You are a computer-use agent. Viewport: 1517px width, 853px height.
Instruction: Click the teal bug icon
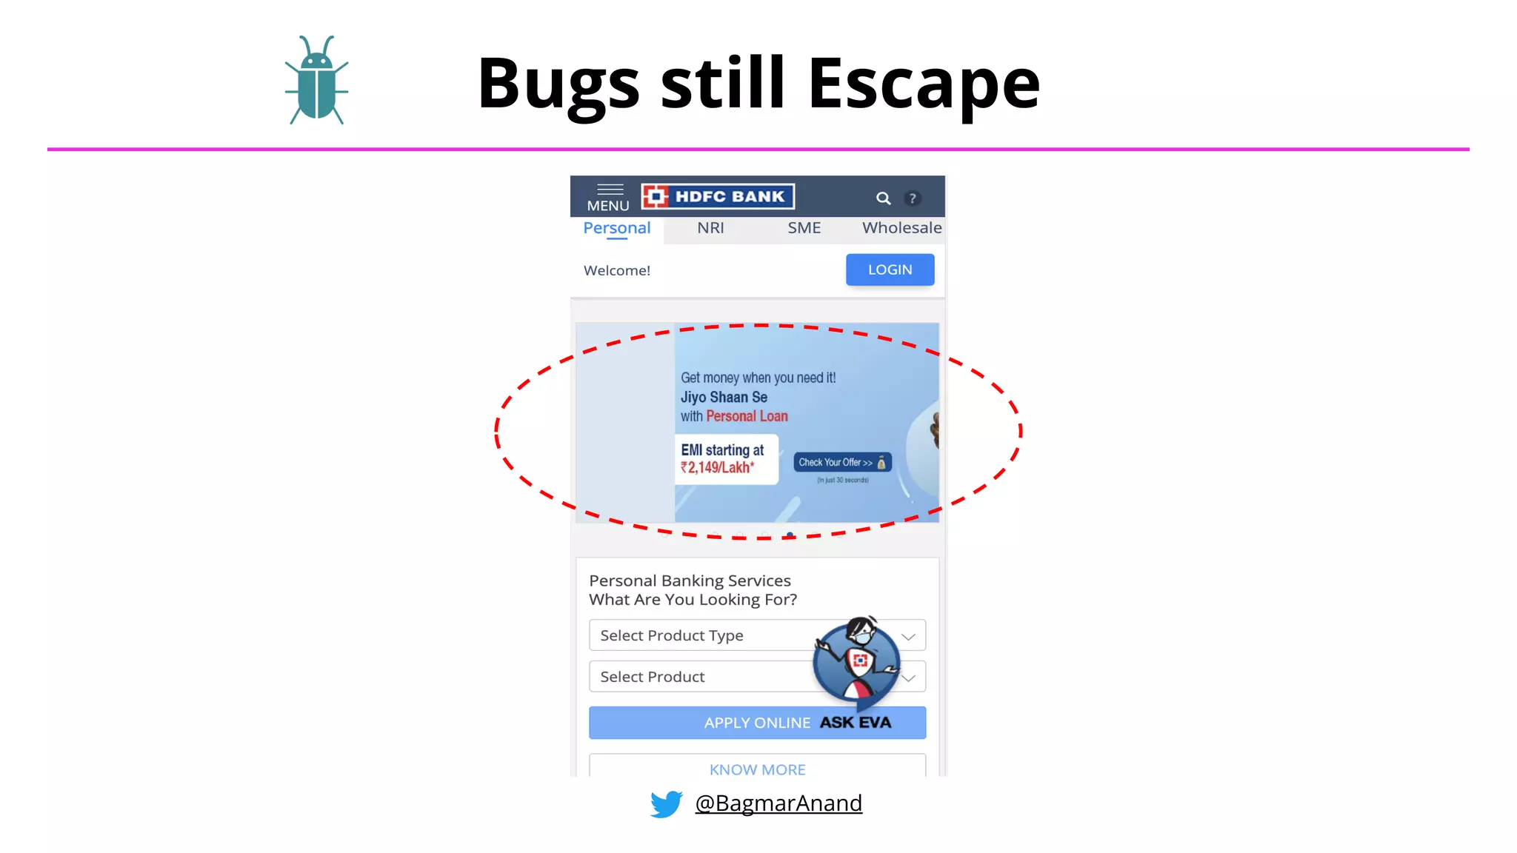tap(316, 81)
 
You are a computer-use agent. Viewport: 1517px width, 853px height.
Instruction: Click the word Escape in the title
tap(924, 83)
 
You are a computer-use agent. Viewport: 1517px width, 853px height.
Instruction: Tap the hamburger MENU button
tap(608, 198)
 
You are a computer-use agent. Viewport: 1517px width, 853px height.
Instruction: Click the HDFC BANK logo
tap(718, 196)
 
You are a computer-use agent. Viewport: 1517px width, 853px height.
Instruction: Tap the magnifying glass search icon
tap(883, 198)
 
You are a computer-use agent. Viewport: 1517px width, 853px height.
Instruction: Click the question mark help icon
tap(913, 198)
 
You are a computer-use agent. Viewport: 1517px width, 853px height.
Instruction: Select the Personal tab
tap(616, 228)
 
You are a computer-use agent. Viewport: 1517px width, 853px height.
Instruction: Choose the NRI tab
tap(710, 228)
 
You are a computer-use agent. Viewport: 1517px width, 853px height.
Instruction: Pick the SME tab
tap(804, 228)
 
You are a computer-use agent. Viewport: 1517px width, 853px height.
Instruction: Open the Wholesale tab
tap(901, 228)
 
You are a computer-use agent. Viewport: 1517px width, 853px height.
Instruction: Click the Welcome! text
tap(617, 271)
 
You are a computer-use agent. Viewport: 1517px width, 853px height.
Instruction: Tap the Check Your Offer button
tap(842, 462)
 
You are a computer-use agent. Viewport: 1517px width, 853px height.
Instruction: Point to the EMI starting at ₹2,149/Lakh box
tap(725, 459)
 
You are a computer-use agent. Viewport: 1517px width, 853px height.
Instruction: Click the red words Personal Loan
tap(747, 416)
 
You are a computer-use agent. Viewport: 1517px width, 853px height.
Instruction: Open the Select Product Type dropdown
tap(704, 635)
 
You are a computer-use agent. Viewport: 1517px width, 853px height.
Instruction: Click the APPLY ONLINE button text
tap(757, 723)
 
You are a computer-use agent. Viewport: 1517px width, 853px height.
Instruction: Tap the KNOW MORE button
tap(757, 769)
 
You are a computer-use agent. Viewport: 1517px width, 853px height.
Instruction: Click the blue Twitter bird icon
tap(666, 803)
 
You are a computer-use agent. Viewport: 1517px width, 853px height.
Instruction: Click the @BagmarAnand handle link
tap(778, 803)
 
